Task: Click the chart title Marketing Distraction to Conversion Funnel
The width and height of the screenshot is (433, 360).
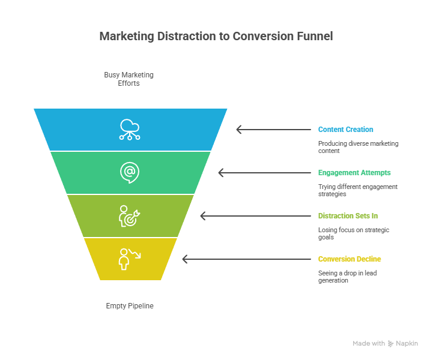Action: (x=216, y=37)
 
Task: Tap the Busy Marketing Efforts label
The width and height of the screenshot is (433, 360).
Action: (x=129, y=79)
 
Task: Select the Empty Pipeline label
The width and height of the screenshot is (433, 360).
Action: (x=130, y=306)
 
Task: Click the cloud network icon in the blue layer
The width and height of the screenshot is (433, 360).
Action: (x=130, y=129)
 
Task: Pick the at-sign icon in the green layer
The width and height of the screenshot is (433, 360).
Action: (x=129, y=172)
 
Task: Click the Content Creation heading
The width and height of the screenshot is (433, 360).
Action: (x=345, y=130)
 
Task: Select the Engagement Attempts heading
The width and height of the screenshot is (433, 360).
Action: (x=354, y=173)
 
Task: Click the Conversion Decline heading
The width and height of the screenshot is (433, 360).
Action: (x=350, y=259)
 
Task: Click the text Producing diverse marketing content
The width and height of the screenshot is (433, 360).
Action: (x=358, y=148)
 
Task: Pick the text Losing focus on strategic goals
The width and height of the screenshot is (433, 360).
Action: (x=354, y=234)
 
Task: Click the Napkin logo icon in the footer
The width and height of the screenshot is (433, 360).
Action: (x=391, y=343)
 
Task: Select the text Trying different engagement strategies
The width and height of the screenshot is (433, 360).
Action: (x=357, y=191)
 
